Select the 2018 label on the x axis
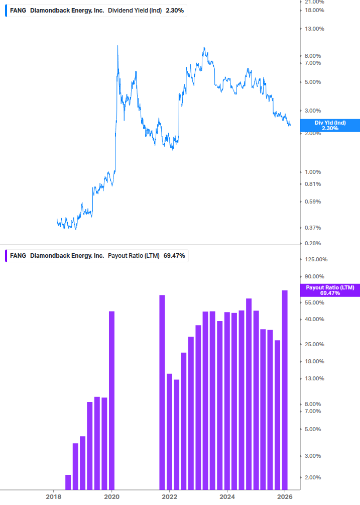pyautogui.click(x=54, y=496)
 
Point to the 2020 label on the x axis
pyautogui.click(x=111, y=496)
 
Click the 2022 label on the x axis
pyautogui.click(x=170, y=496)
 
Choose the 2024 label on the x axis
pyautogui.click(x=227, y=496)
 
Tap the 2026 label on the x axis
pyautogui.click(x=285, y=496)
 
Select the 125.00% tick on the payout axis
pyautogui.click(x=316, y=259)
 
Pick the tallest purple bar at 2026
pyautogui.click(x=285, y=389)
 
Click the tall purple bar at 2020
pyautogui.click(x=111, y=400)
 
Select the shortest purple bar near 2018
pyautogui.click(x=68, y=482)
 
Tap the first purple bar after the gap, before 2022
pyautogui.click(x=162, y=392)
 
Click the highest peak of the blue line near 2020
pyautogui.click(x=117, y=46)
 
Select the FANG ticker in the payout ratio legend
pyautogui.click(x=18, y=255)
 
